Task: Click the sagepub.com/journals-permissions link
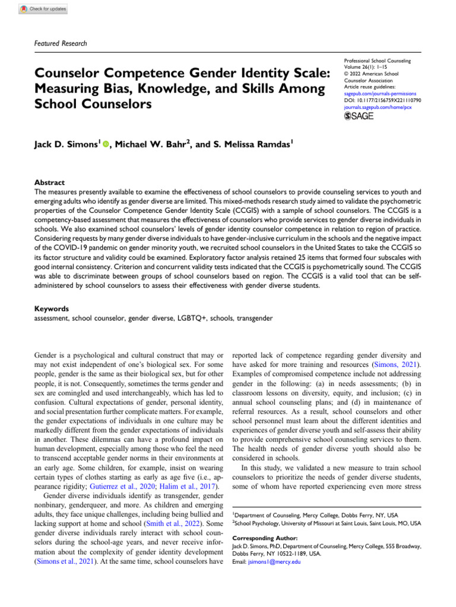[380, 94]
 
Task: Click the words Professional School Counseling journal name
[382, 60]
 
